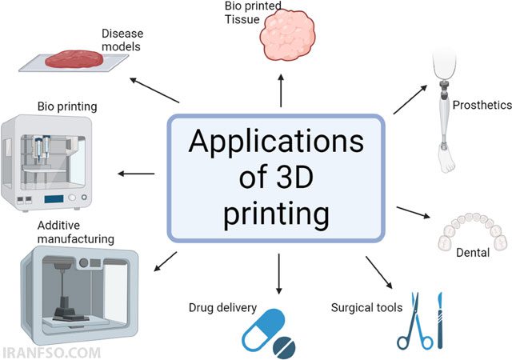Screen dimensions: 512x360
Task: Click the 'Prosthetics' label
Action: point(482,105)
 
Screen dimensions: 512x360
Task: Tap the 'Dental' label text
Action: point(473,253)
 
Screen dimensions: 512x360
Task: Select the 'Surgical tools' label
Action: point(366,307)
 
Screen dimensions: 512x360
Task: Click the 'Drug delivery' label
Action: point(222,308)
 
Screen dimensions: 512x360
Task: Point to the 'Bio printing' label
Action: point(67,106)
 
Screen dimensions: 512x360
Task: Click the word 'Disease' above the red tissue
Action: point(122,34)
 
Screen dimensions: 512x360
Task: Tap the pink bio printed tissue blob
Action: point(288,35)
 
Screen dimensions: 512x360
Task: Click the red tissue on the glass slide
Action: point(74,59)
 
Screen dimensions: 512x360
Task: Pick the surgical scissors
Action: point(415,322)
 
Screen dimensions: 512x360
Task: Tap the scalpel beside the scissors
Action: point(440,320)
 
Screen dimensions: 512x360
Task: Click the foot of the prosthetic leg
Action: point(446,160)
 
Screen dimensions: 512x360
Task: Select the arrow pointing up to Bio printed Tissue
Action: point(281,90)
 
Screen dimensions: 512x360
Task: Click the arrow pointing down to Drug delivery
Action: point(278,274)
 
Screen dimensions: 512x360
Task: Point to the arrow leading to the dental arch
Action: point(414,212)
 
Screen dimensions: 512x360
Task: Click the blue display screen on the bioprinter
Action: point(54,198)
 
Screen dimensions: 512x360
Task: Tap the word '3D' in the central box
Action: point(295,178)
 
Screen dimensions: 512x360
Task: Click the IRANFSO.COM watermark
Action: point(51,353)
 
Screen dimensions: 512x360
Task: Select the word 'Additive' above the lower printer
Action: point(58,226)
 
